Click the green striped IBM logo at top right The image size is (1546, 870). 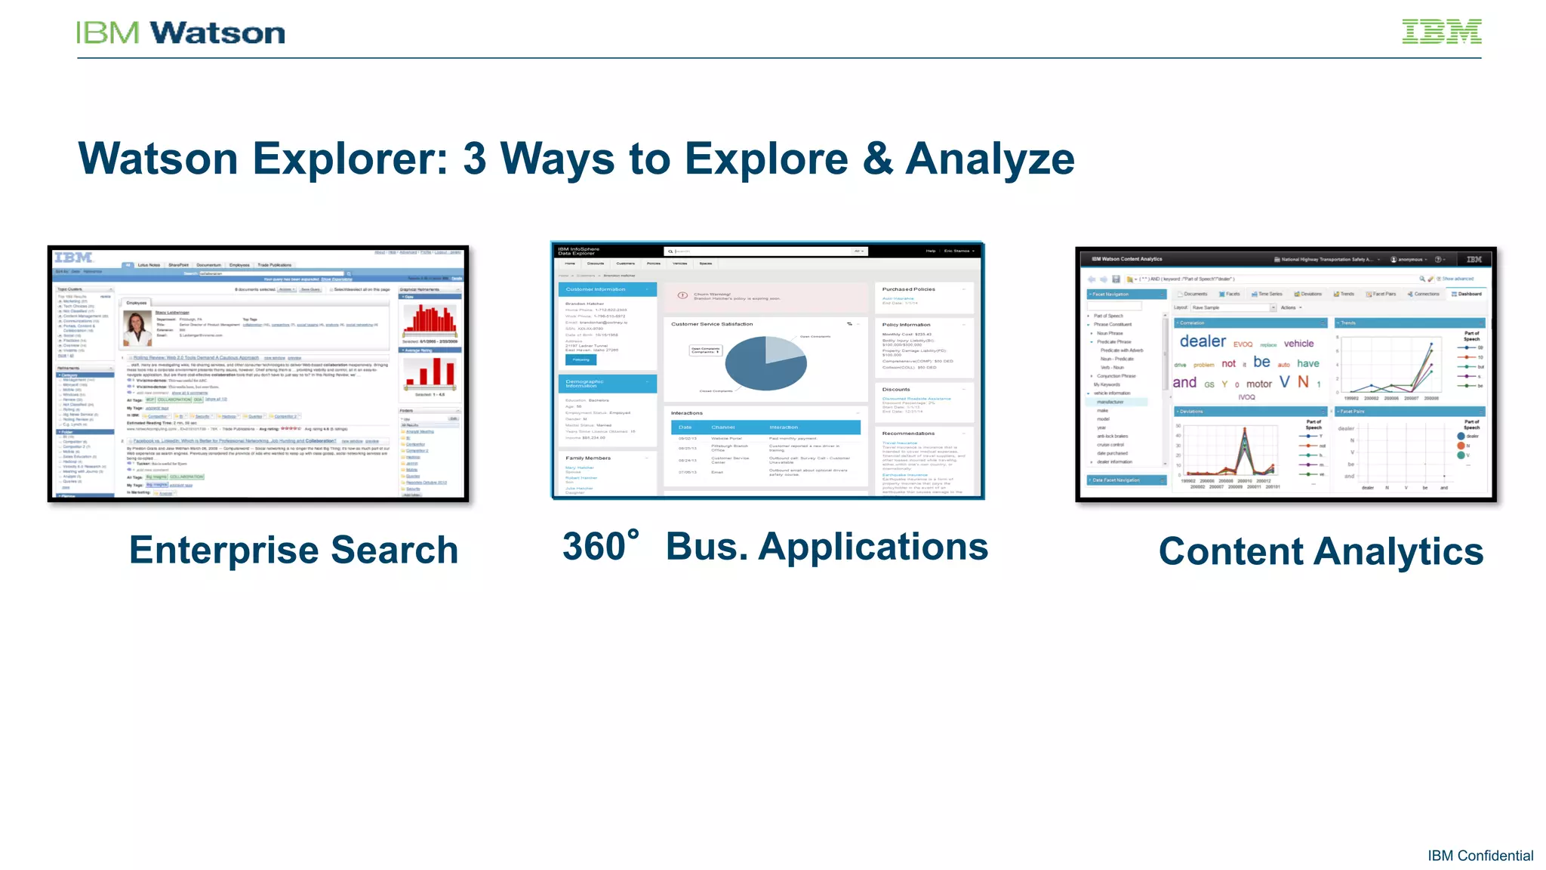(1441, 32)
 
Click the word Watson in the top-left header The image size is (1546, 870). (217, 33)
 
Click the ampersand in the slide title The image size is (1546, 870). (877, 159)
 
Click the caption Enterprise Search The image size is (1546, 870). (293, 550)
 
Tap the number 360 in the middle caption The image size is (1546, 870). (595, 547)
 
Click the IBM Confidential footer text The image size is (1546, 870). (1480, 856)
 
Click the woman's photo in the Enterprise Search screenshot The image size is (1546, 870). (137, 329)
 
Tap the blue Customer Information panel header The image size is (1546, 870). (607, 289)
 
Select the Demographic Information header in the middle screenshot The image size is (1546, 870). (607, 384)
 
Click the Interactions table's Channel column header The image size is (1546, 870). (723, 427)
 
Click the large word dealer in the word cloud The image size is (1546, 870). (1203, 341)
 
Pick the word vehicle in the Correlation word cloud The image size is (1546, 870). (1298, 344)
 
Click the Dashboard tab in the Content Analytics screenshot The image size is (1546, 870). (1467, 294)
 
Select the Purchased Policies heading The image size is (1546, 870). (909, 289)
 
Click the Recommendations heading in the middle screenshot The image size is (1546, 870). (908, 433)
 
